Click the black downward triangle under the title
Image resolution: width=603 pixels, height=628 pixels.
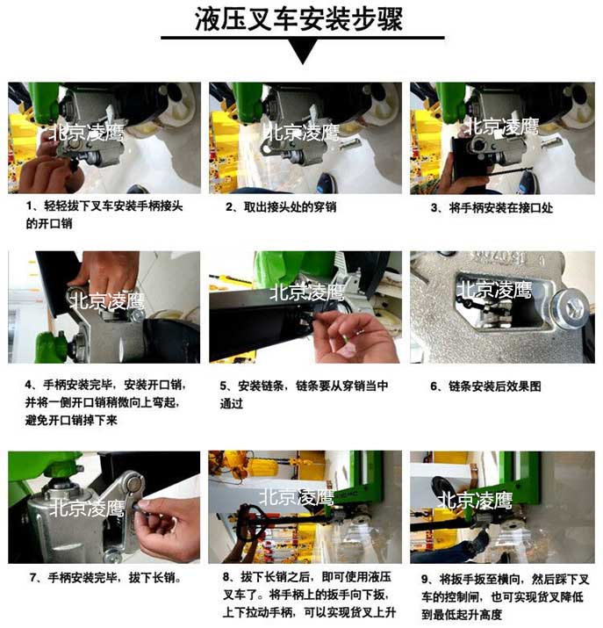tap(302, 52)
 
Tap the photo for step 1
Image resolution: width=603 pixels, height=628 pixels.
tap(104, 138)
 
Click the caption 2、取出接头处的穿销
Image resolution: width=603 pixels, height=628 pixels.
tap(281, 207)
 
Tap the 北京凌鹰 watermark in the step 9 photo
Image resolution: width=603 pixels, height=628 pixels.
tap(475, 501)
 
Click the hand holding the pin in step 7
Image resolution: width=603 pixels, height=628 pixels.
tap(171, 527)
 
